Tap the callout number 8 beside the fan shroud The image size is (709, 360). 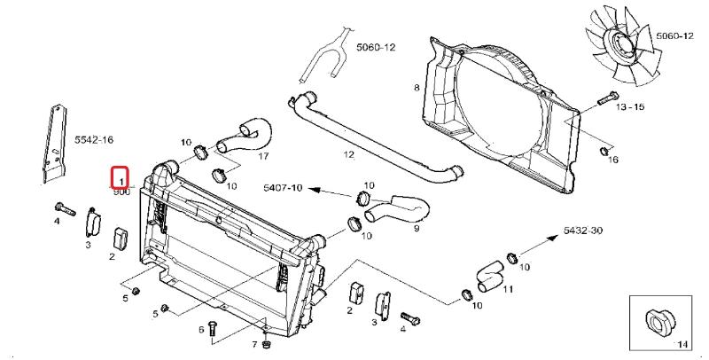coord(416,87)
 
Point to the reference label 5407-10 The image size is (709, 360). coord(284,188)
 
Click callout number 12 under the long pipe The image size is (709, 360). coord(348,154)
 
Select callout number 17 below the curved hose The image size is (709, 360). coord(262,156)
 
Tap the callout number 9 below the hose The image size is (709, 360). coord(415,228)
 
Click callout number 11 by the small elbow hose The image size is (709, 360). coord(508,288)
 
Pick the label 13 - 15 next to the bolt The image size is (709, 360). coord(629,106)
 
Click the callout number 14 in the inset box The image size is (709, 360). coord(682,342)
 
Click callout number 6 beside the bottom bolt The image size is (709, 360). coord(202,330)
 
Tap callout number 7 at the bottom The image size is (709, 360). coord(253,344)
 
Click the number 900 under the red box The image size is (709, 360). coord(121,192)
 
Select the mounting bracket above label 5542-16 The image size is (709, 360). coord(55,142)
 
